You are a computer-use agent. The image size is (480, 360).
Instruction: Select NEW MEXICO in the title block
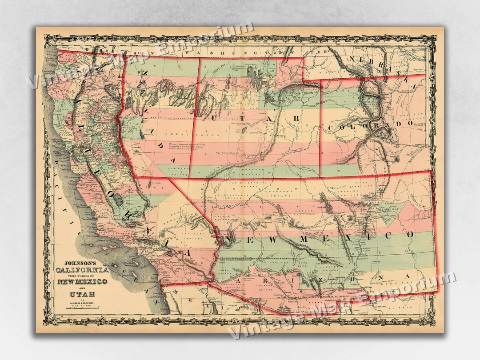click(x=82, y=282)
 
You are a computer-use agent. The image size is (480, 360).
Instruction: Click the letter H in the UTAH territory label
click(x=307, y=118)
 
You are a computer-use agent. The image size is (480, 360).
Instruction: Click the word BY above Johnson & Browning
click(x=80, y=301)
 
